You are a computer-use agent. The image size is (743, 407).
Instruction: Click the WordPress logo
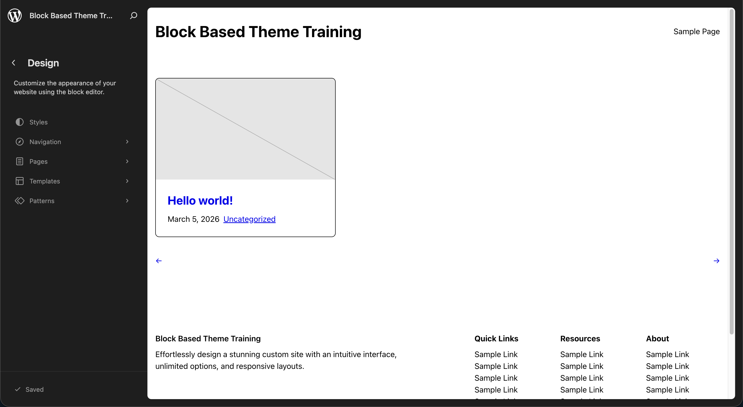15,15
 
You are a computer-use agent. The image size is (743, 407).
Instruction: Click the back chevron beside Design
14,63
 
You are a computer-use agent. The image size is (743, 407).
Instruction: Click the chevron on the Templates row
127,181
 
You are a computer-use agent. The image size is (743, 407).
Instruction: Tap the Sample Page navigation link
696,31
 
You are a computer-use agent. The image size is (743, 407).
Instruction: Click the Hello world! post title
200,201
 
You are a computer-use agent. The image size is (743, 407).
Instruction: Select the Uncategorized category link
249,219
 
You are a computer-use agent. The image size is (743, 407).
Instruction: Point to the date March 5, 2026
194,219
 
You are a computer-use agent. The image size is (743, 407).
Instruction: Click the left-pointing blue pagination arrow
159,261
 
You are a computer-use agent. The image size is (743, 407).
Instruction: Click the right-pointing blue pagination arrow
716,261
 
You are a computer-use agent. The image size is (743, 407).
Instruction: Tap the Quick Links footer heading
496,339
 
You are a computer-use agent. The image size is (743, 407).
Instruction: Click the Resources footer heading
580,339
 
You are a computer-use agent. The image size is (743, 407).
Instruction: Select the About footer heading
657,339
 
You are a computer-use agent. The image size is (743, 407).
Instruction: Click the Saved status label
35,389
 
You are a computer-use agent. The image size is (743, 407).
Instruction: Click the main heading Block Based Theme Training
258,32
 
